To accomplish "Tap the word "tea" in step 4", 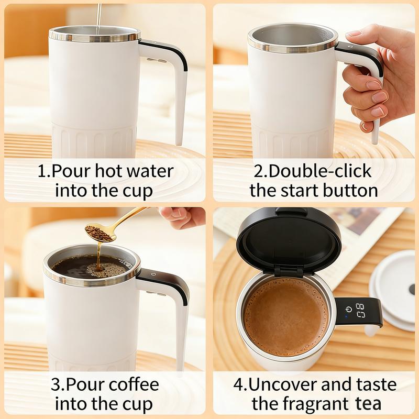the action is point(368,404).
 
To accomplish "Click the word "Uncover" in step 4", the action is point(283,384).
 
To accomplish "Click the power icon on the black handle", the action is point(348,309).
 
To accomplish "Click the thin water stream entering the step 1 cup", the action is point(99,17).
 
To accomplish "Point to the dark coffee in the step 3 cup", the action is point(91,266).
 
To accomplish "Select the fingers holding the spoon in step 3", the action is point(182,216).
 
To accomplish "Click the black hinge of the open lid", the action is point(289,272).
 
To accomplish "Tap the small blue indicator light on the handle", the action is point(346,317).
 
